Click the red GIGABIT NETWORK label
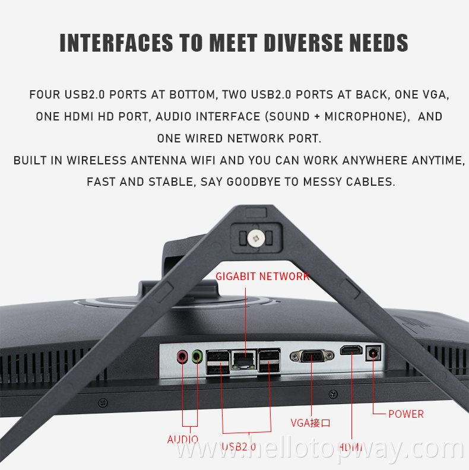pos(262,277)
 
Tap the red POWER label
pos(406,414)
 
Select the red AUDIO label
pos(183,440)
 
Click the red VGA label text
pos(310,423)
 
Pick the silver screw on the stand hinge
pos(257,237)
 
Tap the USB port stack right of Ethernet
pos(270,361)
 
